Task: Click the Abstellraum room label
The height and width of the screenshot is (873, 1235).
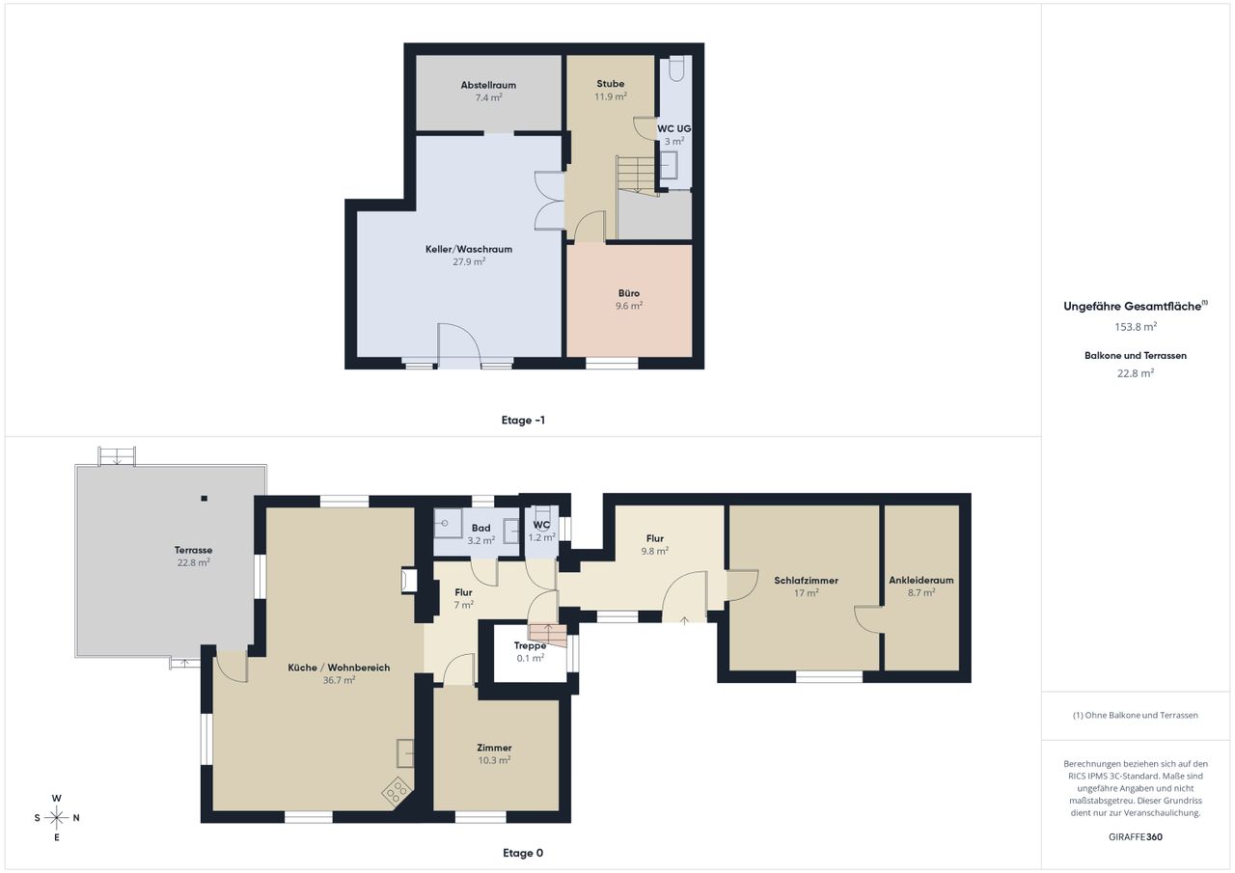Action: (488, 85)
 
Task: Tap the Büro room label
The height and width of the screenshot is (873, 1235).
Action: (628, 293)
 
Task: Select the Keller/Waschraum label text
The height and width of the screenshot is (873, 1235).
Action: (469, 249)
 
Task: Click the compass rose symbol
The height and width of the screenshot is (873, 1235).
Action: (57, 818)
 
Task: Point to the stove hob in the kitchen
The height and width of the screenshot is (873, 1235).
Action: (397, 793)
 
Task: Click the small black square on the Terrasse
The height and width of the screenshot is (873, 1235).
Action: (204, 498)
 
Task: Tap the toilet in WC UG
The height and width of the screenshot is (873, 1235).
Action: (676, 68)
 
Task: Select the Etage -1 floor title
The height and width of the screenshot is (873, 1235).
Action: (523, 420)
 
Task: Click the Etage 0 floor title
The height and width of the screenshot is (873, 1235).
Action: (523, 853)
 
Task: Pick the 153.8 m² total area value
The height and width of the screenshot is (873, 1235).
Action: (1136, 327)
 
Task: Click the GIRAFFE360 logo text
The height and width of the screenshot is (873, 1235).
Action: (1136, 836)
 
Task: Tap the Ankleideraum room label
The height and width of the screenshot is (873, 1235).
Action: (921, 581)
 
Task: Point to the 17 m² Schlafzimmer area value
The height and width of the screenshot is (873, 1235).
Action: (806, 593)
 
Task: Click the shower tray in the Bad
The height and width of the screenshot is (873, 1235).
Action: (449, 523)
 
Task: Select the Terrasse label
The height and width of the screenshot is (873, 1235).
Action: (194, 550)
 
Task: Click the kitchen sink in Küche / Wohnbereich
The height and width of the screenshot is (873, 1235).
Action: (405, 752)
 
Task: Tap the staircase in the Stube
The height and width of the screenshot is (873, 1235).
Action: (636, 174)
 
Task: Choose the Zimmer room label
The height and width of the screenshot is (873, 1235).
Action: (494, 748)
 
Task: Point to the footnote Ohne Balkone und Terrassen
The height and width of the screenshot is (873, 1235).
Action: (1136, 716)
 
